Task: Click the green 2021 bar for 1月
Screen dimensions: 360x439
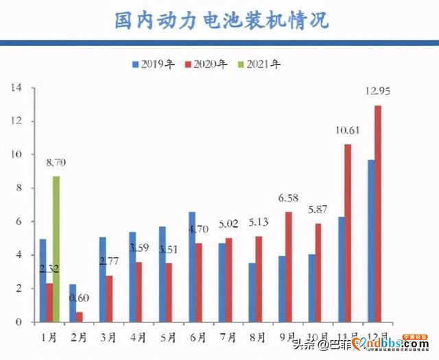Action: (x=56, y=249)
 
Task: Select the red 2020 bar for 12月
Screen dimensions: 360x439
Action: (x=378, y=213)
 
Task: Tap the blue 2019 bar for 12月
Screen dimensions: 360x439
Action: (x=370, y=241)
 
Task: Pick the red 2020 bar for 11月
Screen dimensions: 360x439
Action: (x=348, y=233)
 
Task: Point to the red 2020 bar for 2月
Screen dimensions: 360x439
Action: (x=80, y=317)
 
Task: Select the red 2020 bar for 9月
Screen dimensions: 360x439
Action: (x=288, y=267)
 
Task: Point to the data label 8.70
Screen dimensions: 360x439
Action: (x=56, y=163)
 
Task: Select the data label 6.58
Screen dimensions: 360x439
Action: (x=288, y=199)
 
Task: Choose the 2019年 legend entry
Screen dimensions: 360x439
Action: (x=155, y=64)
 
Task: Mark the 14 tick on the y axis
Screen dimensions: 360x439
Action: (x=16, y=88)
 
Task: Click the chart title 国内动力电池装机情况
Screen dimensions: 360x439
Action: (x=219, y=21)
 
